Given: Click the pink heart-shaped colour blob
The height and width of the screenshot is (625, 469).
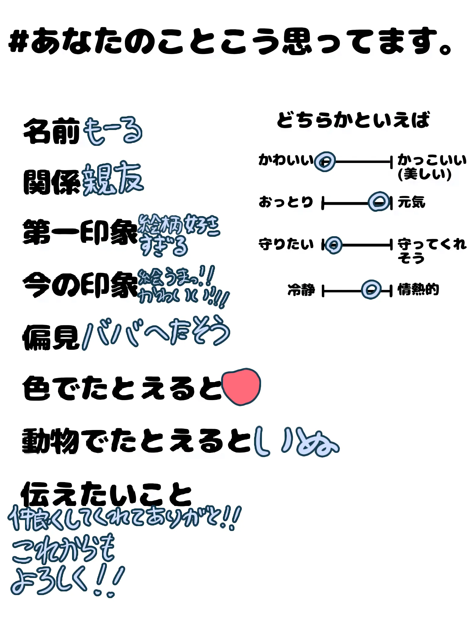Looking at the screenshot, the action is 241,386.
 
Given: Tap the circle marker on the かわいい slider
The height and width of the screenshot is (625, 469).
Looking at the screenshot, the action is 325,161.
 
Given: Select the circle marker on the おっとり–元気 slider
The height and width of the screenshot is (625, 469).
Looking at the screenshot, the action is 379,202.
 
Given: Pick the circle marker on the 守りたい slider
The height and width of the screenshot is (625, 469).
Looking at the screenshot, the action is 333,245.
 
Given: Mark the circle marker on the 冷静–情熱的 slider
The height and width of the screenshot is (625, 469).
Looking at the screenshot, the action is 371,290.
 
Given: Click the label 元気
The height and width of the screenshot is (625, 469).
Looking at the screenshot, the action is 411,202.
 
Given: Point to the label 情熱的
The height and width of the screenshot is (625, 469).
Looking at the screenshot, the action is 418,289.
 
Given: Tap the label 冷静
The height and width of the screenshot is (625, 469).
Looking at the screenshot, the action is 301,290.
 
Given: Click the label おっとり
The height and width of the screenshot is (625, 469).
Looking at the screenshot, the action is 286,202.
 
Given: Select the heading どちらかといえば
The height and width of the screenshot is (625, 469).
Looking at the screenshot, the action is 353,120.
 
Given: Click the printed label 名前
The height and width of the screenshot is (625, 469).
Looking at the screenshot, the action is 51,131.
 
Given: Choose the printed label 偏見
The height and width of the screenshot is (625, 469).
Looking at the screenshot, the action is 51,337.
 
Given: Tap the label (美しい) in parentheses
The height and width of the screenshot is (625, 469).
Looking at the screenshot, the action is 424,174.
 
